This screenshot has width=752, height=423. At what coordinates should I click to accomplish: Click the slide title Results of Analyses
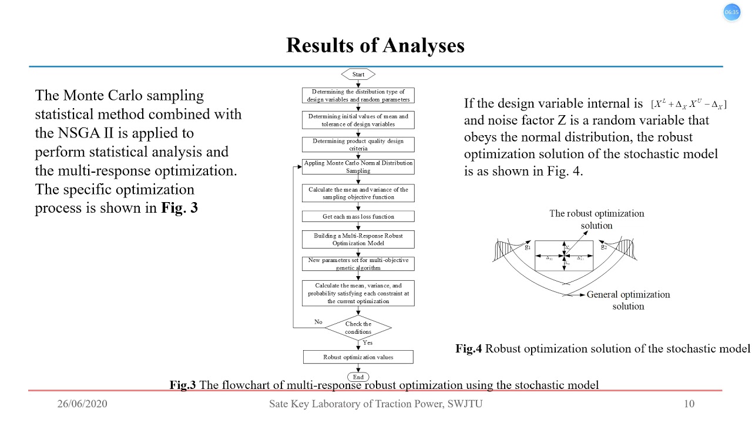pyautogui.click(x=375, y=45)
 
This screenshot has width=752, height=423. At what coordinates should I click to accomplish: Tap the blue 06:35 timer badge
pyautogui.click(x=731, y=12)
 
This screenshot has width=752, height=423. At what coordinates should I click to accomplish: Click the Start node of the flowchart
pyautogui.click(x=358, y=75)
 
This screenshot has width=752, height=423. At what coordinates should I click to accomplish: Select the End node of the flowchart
pyautogui.click(x=358, y=377)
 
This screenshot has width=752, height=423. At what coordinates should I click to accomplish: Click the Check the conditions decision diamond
pyautogui.click(x=358, y=328)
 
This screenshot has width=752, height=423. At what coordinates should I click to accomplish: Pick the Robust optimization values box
pyautogui.click(x=358, y=357)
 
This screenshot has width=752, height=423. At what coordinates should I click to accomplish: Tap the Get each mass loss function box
pyautogui.click(x=358, y=216)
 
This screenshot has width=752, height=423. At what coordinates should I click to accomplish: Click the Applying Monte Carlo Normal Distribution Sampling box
pyautogui.click(x=358, y=167)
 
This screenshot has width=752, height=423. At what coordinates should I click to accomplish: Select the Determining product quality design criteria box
pyautogui.click(x=358, y=145)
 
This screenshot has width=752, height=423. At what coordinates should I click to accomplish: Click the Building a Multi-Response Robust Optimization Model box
pyautogui.click(x=358, y=239)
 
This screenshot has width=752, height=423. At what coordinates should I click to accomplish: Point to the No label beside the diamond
pyautogui.click(x=318, y=322)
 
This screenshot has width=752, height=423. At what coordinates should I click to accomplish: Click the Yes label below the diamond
pyautogui.click(x=368, y=343)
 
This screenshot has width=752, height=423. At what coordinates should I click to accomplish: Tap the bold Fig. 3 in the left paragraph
pyautogui.click(x=179, y=208)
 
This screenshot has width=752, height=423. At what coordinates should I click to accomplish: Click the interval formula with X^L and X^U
pyautogui.click(x=689, y=105)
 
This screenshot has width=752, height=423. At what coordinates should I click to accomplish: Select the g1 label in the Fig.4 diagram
pyautogui.click(x=528, y=247)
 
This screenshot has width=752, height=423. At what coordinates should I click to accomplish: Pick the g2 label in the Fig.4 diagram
pyautogui.click(x=603, y=247)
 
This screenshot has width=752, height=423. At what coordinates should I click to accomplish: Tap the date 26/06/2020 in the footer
pyautogui.click(x=82, y=404)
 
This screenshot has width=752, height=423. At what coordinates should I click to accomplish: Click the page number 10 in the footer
pyautogui.click(x=689, y=404)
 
